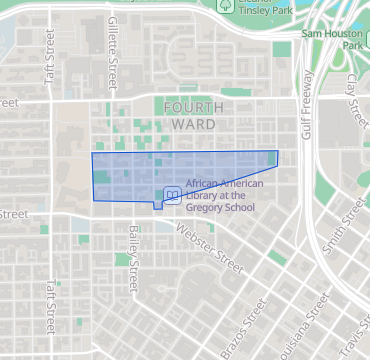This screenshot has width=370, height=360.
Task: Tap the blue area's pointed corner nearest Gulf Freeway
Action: point(278,151)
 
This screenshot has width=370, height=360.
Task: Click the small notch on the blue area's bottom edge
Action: point(157,207)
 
